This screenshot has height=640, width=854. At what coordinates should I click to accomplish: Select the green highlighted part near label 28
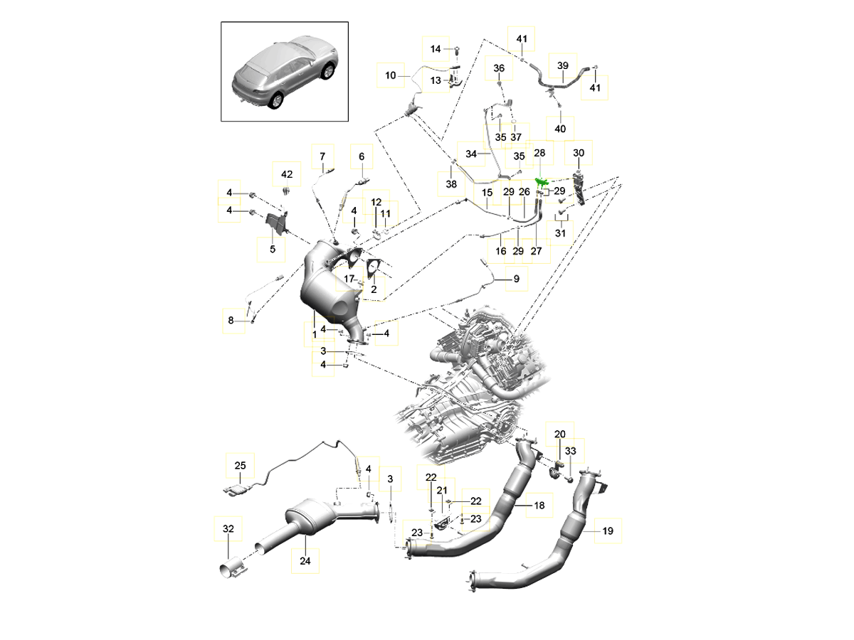[542, 183]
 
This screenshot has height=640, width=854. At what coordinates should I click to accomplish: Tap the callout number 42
[287, 174]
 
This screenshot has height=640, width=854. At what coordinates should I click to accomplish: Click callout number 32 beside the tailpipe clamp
[228, 529]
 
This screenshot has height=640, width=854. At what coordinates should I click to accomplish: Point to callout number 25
[240, 466]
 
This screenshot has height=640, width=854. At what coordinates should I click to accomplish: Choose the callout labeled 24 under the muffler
[305, 560]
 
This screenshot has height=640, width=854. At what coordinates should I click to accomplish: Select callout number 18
[539, 505]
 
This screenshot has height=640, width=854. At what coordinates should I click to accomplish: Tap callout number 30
[578, 153]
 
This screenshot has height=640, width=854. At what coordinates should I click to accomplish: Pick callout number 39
[562, 65]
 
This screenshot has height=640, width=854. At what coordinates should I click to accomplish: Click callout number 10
[391, 75]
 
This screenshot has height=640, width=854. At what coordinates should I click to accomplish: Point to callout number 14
[436, 48]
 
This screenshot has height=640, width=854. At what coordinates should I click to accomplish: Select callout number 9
[517, 279]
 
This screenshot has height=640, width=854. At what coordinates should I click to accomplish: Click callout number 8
[231, 321]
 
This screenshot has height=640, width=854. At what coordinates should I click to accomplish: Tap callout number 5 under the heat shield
[271, 250]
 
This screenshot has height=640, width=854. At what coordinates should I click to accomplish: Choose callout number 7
[322, 156]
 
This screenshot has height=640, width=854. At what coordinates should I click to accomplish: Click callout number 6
[361, 156]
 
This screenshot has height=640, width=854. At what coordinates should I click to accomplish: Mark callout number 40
[560, 129]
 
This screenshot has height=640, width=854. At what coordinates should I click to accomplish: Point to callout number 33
[571, 451]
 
